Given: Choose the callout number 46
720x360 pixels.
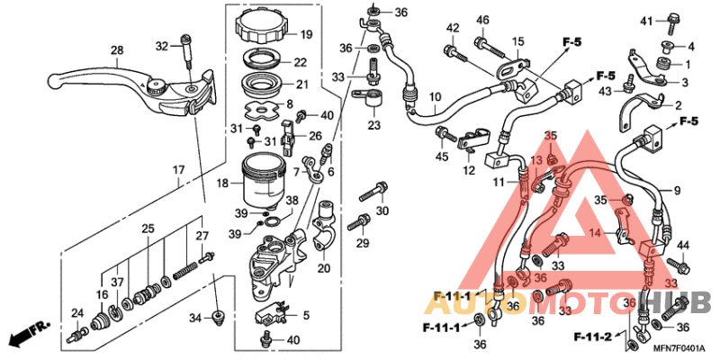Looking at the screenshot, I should [x=482, y=21].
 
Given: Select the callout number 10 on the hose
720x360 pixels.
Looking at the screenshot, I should [x=435, y=96].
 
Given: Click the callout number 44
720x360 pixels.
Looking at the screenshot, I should [x=682, y=245].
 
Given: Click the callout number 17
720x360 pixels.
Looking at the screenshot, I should [x=179, y=169].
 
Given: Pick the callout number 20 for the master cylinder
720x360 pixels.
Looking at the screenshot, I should [x=325, y=267].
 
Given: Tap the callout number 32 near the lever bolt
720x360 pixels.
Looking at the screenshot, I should [x=162, y=45].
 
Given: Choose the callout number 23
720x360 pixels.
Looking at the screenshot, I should [x=373, y=125].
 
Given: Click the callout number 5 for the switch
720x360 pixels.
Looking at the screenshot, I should [x=306, y=315].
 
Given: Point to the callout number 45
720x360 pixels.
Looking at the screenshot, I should [x=442, y=156].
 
